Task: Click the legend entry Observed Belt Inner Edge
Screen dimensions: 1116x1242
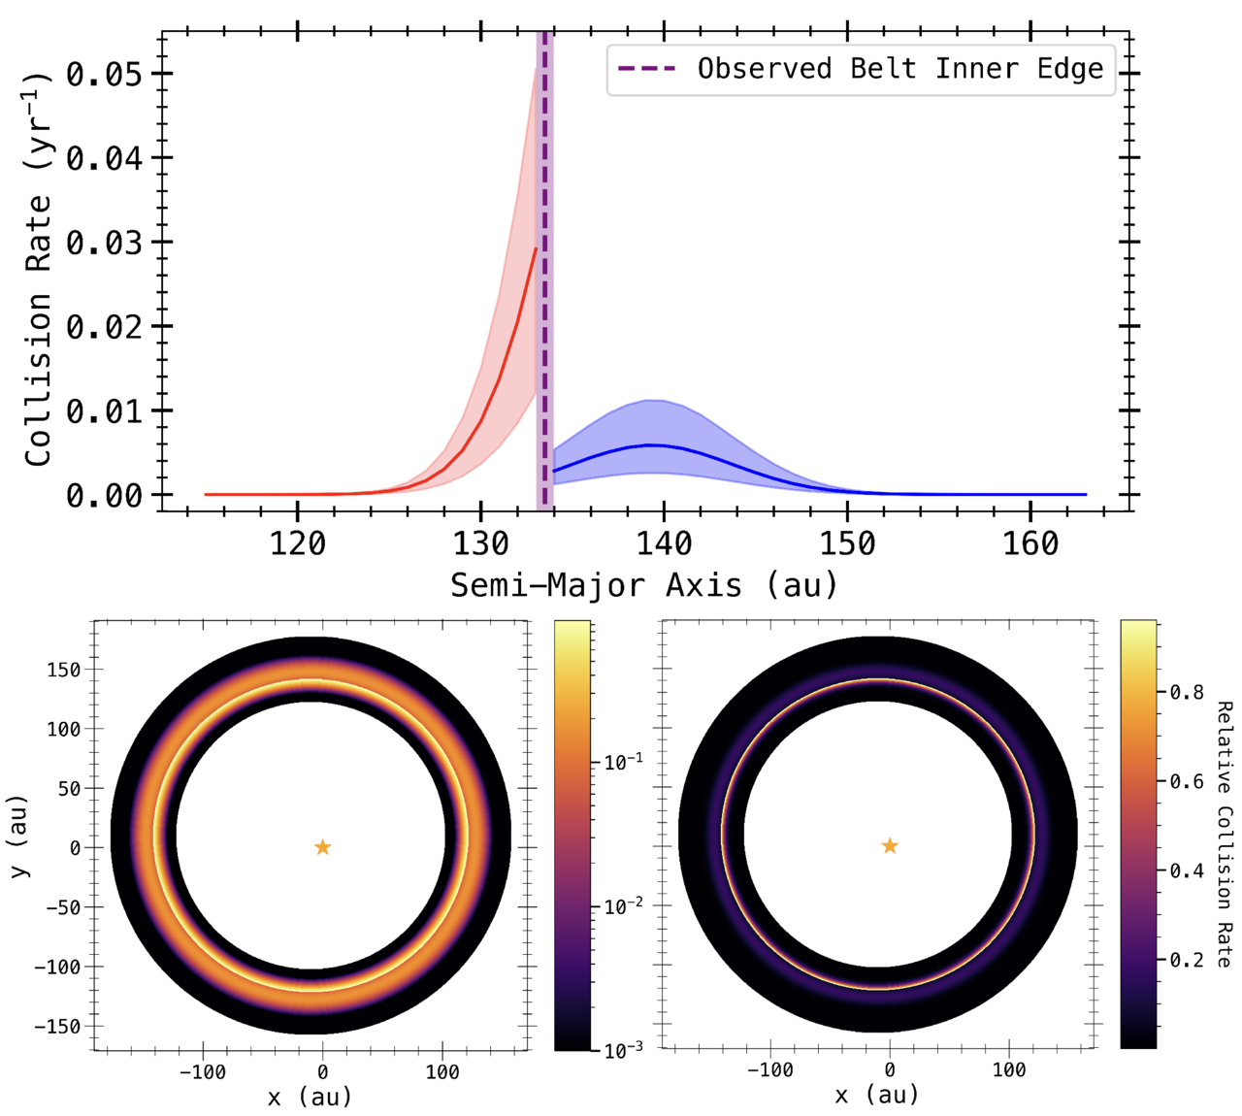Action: [899, 69]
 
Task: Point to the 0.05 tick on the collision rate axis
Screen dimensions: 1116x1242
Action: [106, 74]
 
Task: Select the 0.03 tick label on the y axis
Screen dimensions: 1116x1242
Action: [106, 243]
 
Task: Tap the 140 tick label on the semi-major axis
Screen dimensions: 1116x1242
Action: [664, 543]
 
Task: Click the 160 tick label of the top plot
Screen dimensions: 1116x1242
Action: [1030, 543]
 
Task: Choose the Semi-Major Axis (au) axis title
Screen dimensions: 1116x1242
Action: [643, 585]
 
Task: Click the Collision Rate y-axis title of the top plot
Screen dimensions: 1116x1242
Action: [38, 269]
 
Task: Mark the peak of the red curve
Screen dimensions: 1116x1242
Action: [536, 249]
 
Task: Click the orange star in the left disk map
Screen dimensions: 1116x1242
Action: [323, 847]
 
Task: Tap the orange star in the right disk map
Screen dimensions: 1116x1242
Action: [890, 846]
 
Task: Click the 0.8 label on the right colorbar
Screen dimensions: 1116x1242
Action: [1187, 692]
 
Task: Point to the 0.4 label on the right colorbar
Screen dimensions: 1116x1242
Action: [1187, 870]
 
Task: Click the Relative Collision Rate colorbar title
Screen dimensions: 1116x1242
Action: [1225, 834]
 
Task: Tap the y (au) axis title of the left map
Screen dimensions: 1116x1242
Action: [18, 837]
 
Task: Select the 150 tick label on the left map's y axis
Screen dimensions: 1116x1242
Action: [64, 670]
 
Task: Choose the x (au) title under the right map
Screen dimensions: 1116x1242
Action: [878, 1095]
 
